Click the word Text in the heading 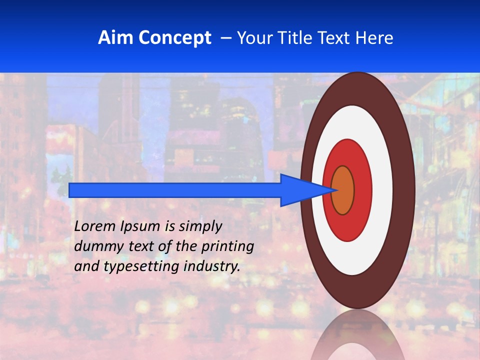pyautogui.click(x=336, y=38)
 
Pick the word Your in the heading pyautogui.click(x=255, y=38)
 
